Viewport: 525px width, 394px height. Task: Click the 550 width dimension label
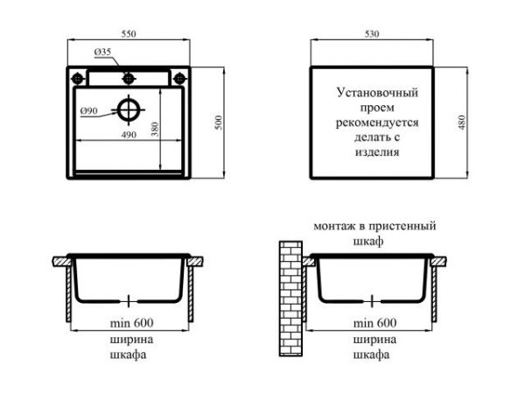[x=129, y=34]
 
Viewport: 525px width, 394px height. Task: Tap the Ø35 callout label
[x=102, y=52]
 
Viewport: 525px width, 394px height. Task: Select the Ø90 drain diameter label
[x=89, y=110]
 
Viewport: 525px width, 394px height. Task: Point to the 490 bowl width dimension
[x=129, y=134]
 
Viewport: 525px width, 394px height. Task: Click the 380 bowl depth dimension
[x=155, y=129]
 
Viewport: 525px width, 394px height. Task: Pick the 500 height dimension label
[x=218, y=123]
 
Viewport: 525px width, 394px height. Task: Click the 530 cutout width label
[x=372, y=34]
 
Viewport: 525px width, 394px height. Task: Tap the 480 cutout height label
[x=462, y=123]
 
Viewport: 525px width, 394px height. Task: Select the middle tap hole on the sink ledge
[x=129, y=79]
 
